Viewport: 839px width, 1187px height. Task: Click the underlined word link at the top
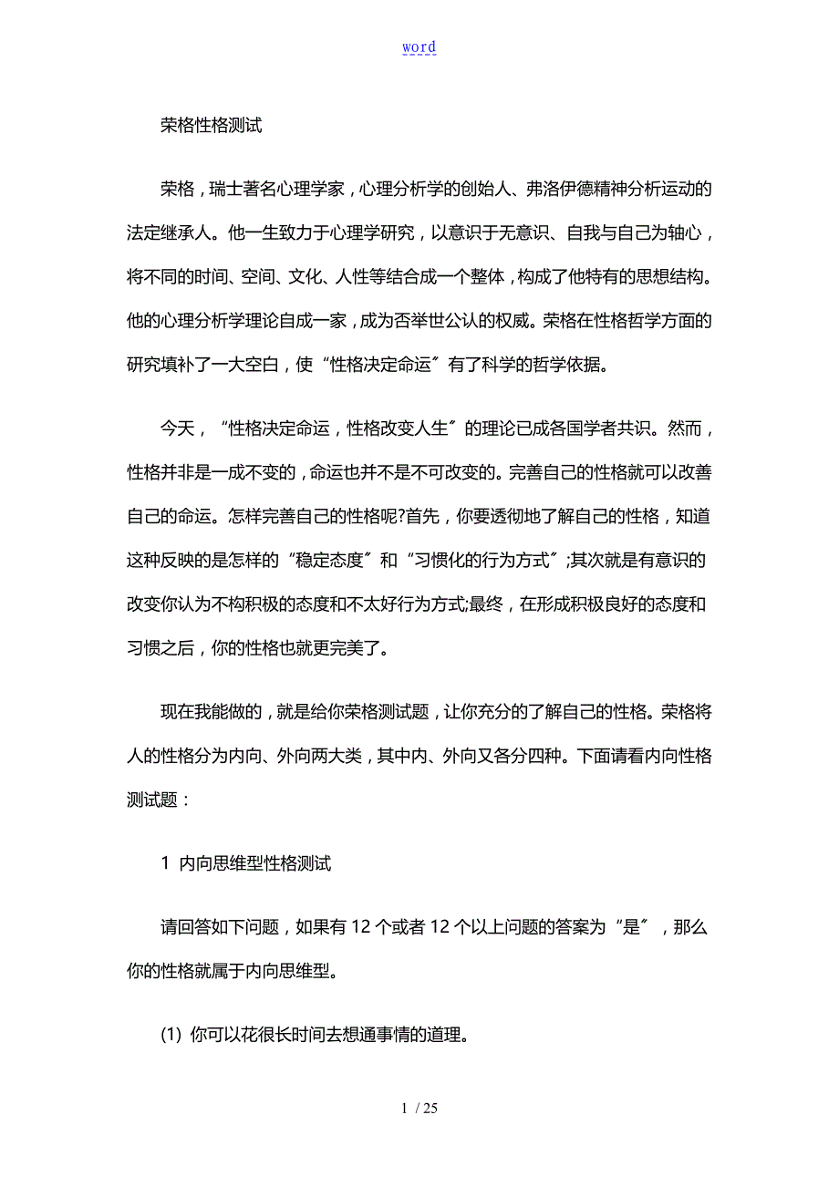419,47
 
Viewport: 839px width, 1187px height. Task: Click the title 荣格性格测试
212,127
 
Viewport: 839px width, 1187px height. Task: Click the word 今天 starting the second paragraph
178,429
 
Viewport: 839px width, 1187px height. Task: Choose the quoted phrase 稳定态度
326,561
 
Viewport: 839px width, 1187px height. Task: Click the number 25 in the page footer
430,1109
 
